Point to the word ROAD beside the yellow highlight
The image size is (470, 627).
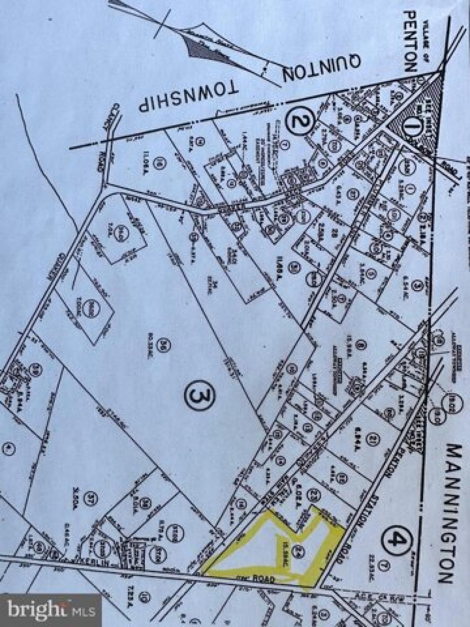[266, 578]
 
